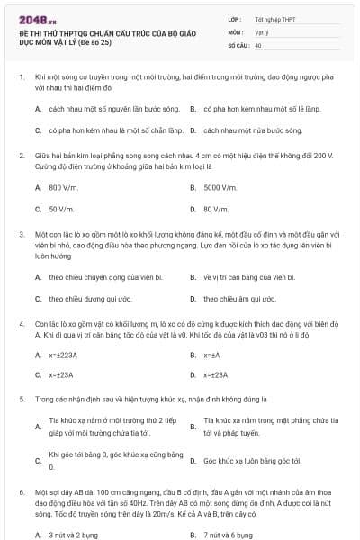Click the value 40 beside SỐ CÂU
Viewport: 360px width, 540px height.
click(258, 44)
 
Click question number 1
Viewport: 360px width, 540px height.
click(22, 78)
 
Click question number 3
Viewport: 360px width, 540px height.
click(22, 234)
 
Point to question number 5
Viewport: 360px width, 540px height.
click(22, 397)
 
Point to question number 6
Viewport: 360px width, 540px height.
click(22, 492)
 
